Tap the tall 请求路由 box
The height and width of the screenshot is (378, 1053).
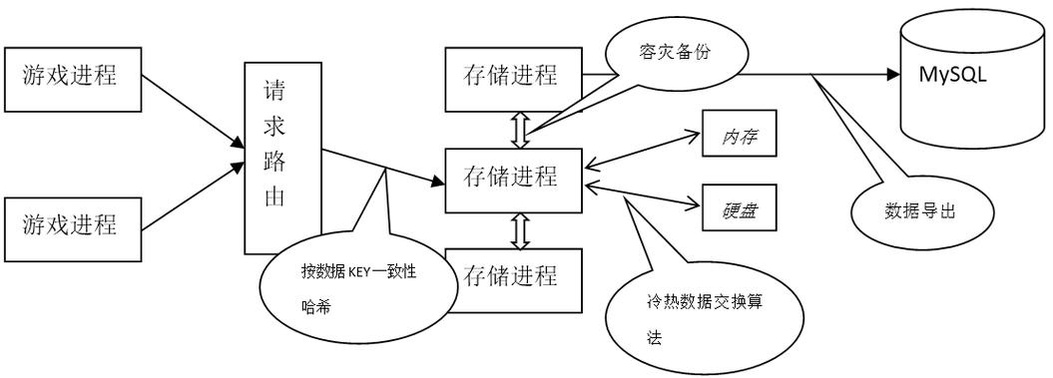[x=283, y=156]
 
